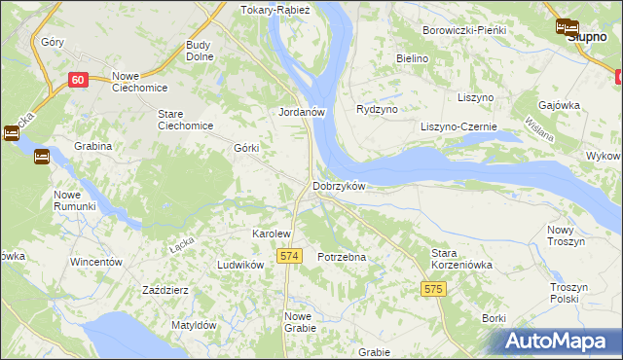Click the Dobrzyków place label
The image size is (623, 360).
(x=339, y=186)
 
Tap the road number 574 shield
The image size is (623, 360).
(x=287, y=256)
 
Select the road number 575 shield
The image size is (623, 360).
(x=434, y=289)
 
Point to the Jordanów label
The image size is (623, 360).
(x=300, y=112)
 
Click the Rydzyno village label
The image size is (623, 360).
(x=378, y=110)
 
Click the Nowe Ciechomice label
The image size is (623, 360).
(x=140, y=84)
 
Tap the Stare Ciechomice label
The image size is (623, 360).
(x=185, y=120)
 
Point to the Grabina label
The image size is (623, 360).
(x=92, y=147)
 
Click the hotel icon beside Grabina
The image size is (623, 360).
(x=42, y=156)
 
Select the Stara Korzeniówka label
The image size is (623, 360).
(x=462, y=258)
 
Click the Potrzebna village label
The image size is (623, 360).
(x=342, y=257)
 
